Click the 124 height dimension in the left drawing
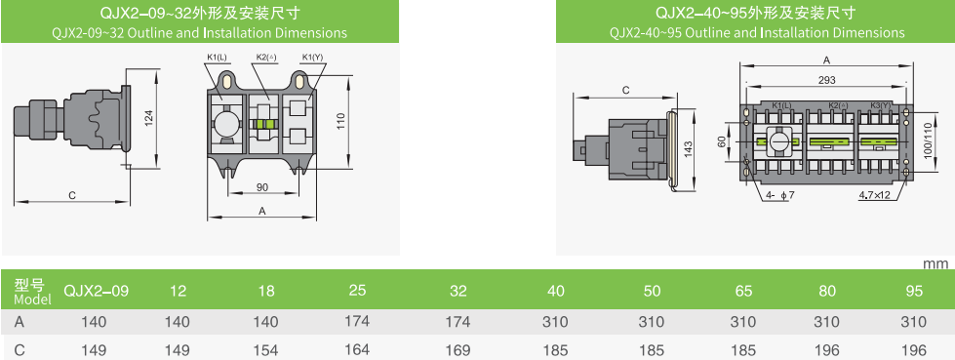(x=149, y=119)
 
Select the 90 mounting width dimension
(x=261, y=187)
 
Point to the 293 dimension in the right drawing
(x=826, y=80)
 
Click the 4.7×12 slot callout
(x=875, y=195)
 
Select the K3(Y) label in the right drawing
(x=881, y=105)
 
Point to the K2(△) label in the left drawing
(x=266, y=58)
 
